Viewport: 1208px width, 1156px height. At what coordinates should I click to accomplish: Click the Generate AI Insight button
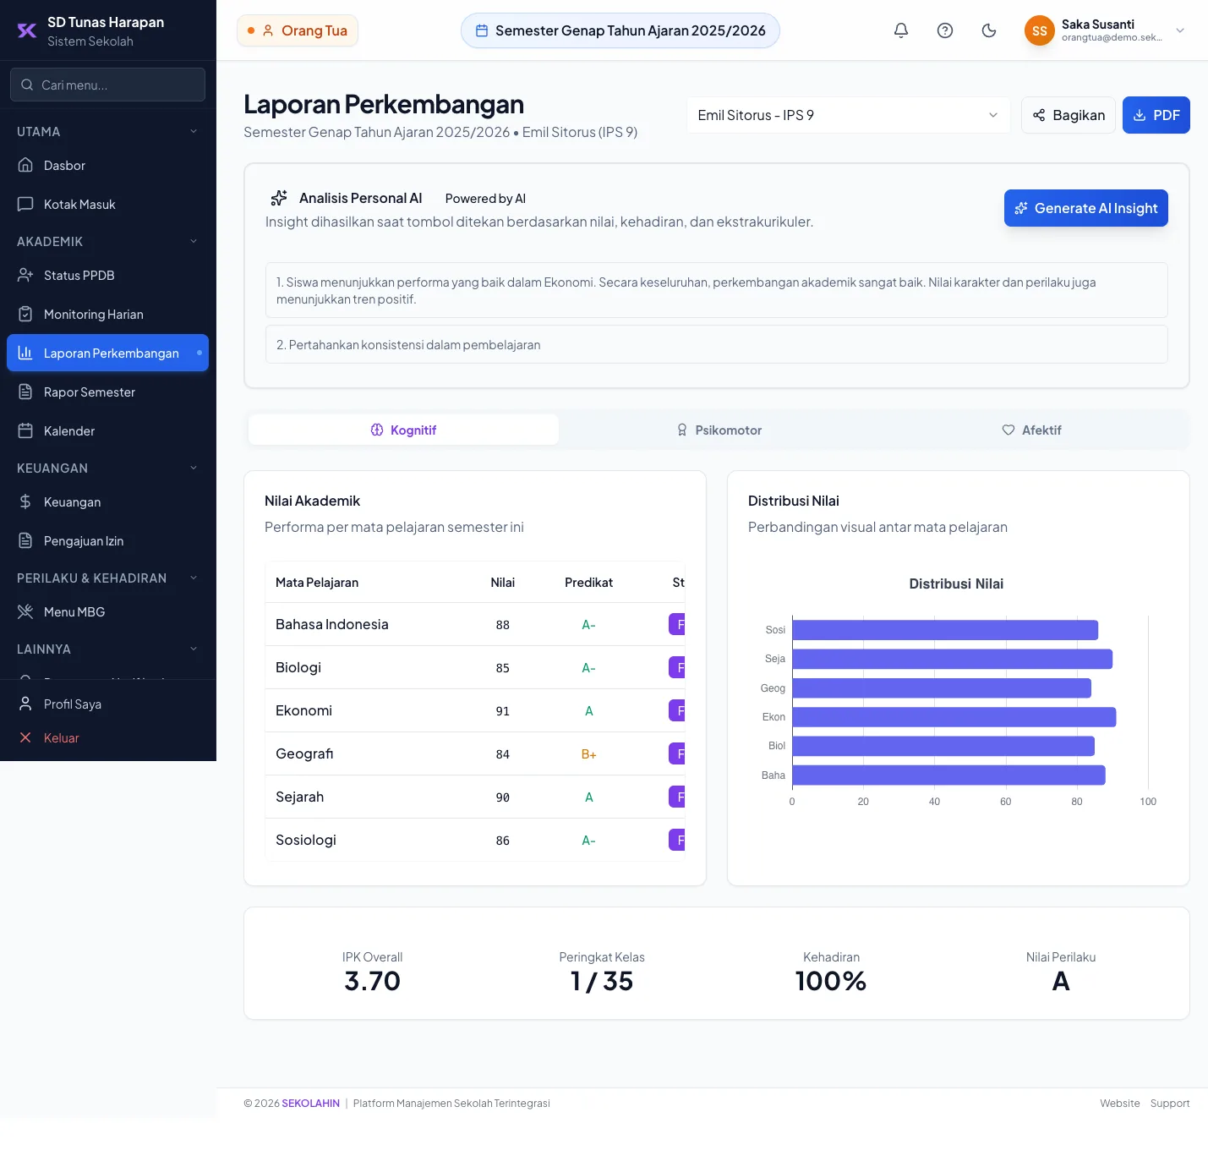(1085, 208)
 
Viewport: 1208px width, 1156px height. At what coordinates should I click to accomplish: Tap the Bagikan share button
(1068, 115)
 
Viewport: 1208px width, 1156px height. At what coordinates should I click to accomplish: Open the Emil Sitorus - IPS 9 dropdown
(848, 115)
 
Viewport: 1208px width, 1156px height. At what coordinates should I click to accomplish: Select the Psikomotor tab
(719, 430)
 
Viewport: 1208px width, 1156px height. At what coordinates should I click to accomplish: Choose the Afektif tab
(1031, 430)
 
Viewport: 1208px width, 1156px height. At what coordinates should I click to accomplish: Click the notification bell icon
(901, 30)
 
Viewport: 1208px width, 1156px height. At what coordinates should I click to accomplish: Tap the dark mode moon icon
(989, 30)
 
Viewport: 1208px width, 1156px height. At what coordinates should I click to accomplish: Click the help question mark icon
(945, 30)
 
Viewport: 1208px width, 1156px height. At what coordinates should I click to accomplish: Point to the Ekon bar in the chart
(954, 716)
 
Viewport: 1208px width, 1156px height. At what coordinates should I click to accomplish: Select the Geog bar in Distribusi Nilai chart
(942, 688)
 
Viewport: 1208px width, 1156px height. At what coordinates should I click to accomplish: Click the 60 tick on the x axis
(1006, 802)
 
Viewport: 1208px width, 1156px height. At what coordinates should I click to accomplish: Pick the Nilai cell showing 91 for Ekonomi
(502, 711)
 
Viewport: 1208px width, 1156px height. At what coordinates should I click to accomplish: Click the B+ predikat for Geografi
(588, 754)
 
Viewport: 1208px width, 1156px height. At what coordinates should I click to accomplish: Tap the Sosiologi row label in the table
(305, 840)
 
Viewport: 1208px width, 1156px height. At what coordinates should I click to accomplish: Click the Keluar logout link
(61, 737)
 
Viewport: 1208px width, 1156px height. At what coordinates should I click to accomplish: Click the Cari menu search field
(107, 85)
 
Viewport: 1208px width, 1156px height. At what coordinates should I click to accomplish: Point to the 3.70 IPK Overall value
(373, 981)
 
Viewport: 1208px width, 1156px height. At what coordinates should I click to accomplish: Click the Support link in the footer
(1169, 1104)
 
